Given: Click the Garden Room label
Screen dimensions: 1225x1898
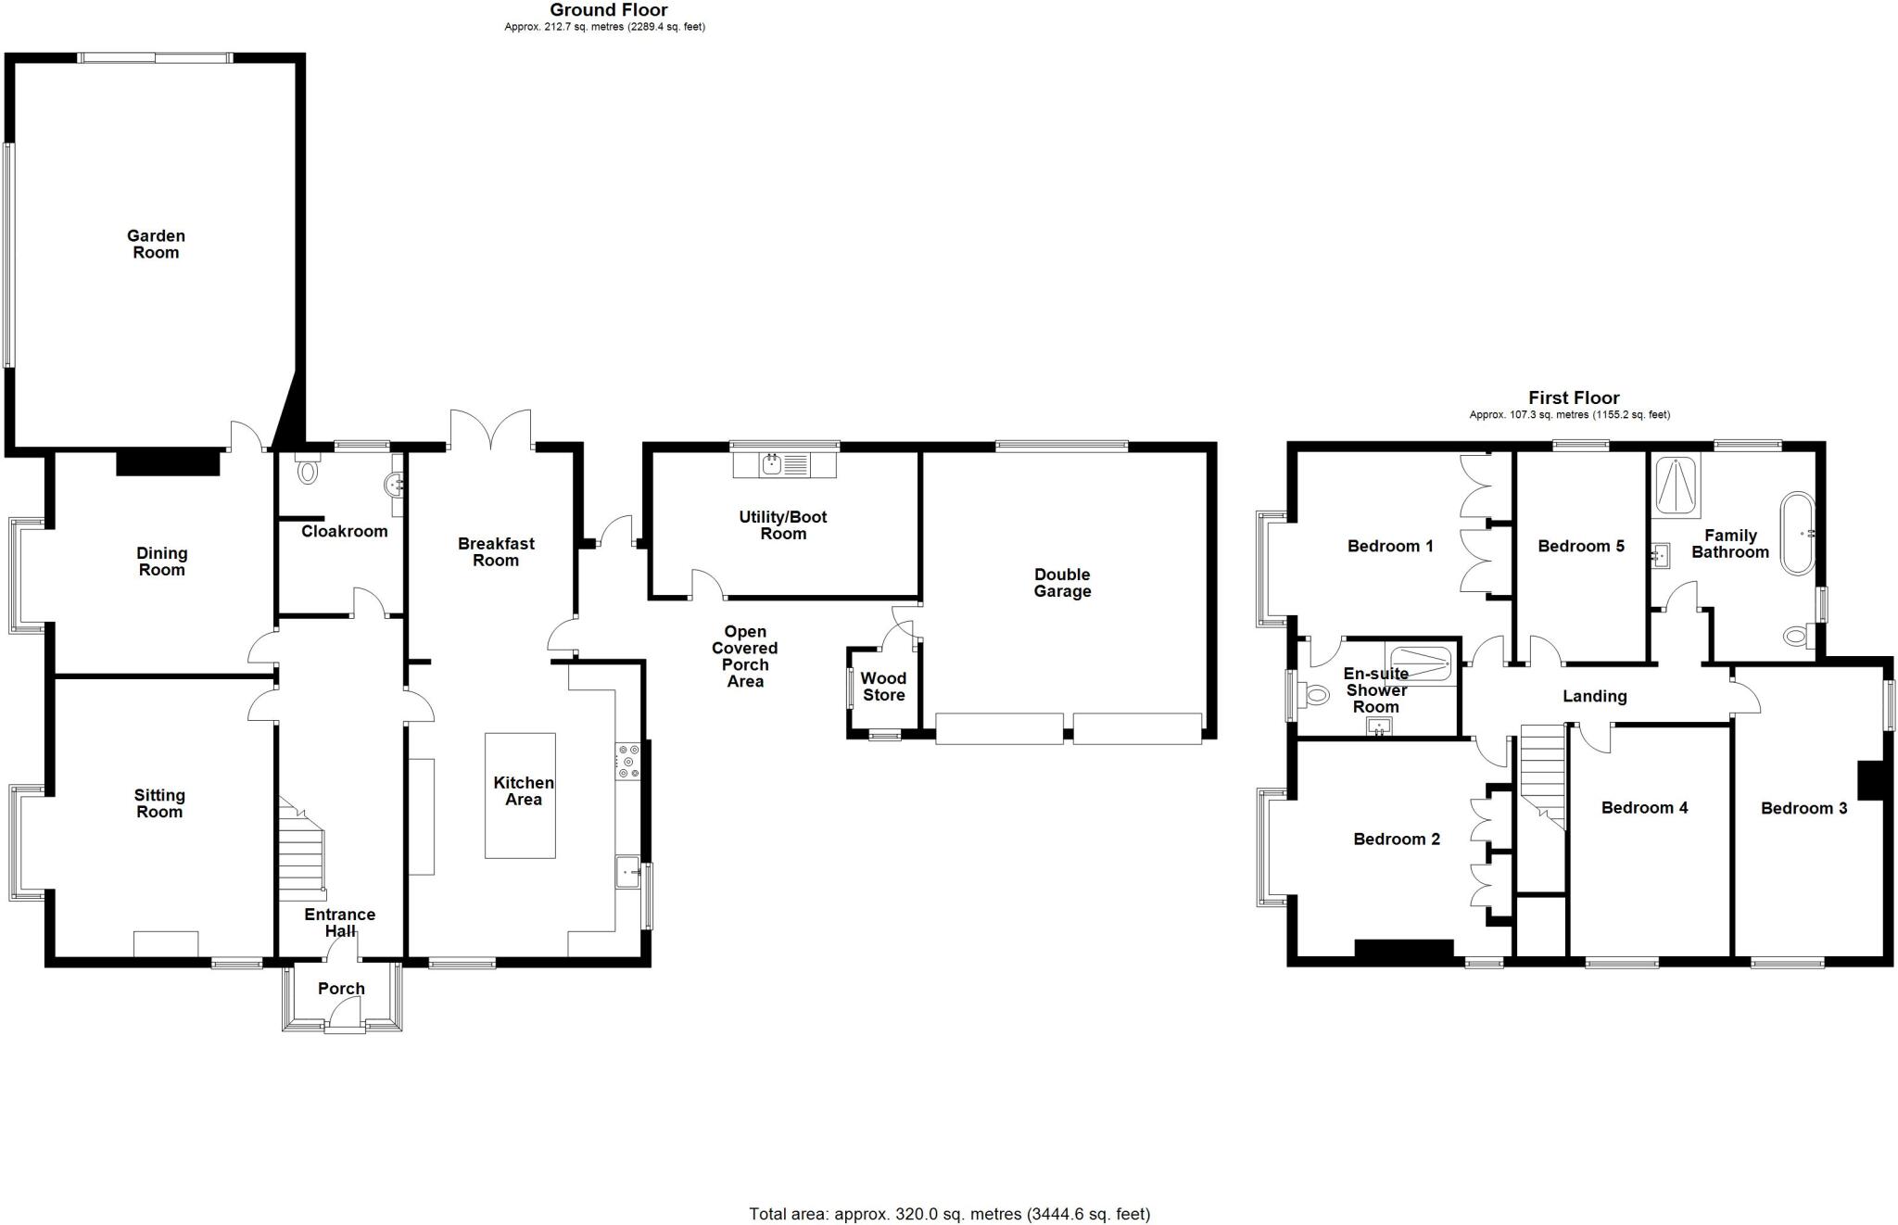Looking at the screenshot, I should tap(156, 245).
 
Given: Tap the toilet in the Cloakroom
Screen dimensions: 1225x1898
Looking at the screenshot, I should tap(308, 471).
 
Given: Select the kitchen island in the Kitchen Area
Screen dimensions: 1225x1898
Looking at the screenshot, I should tap(520, 795).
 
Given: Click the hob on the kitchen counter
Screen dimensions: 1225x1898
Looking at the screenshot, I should tap(627, 761).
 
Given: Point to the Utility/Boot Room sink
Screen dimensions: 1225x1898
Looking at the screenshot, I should tap(772, 464).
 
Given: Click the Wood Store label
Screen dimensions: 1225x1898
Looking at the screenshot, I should tap(883, 687).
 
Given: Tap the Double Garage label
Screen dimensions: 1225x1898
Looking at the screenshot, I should tap(1062, 583).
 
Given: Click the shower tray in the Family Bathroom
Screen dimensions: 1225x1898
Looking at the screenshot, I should tap(1677, 486).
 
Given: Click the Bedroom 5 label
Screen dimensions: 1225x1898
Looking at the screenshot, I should tap(1580, 546).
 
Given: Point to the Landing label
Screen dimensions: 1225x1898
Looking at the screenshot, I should tap(1594, 696).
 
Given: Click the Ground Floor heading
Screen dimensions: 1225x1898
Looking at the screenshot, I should tap(608, 10).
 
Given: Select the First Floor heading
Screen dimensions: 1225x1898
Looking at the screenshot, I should tap(1574, 398).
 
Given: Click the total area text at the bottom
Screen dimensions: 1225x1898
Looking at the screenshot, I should tap(949, 1213).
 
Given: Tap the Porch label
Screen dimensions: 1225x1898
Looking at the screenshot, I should tap(341, 989).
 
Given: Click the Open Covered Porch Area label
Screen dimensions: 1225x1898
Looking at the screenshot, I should tap(745, 656).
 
